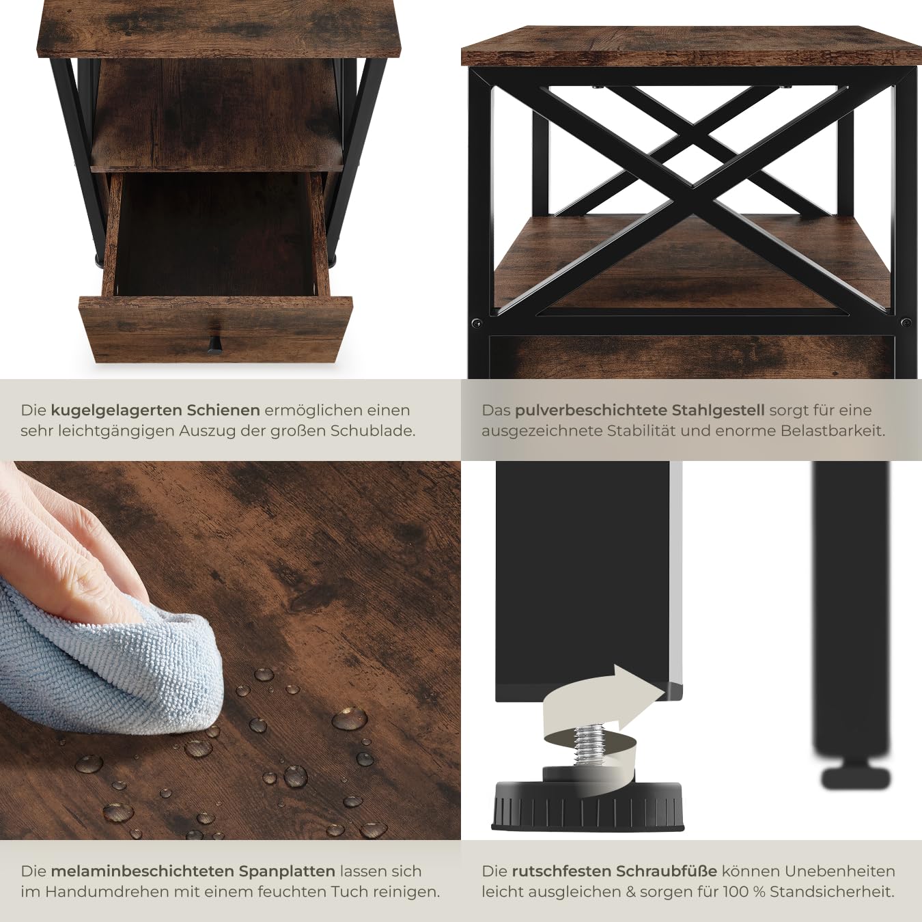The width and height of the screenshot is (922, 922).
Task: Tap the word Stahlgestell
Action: (x=718, y=410)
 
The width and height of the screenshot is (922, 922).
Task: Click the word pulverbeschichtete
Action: (x=591, y=410)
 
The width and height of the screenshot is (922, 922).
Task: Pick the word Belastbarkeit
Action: (x=833, y=431)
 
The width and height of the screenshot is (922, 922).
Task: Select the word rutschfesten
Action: (x=561, y=871)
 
